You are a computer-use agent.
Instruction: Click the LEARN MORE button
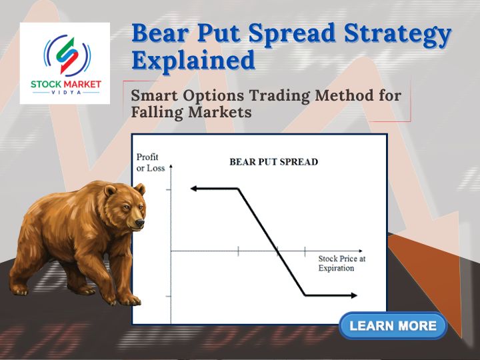click(393, 326)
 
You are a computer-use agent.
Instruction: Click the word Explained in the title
click(193, 60)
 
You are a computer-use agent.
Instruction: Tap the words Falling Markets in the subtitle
click(191, 112)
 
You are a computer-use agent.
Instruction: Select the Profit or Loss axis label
click(151, 163)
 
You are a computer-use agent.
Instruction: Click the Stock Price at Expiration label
click(341, 263)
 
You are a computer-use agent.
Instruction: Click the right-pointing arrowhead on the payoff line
click(353, 295)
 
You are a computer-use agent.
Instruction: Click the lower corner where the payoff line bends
click(305, 295)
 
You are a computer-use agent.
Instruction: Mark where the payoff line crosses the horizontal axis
click(278, 251)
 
